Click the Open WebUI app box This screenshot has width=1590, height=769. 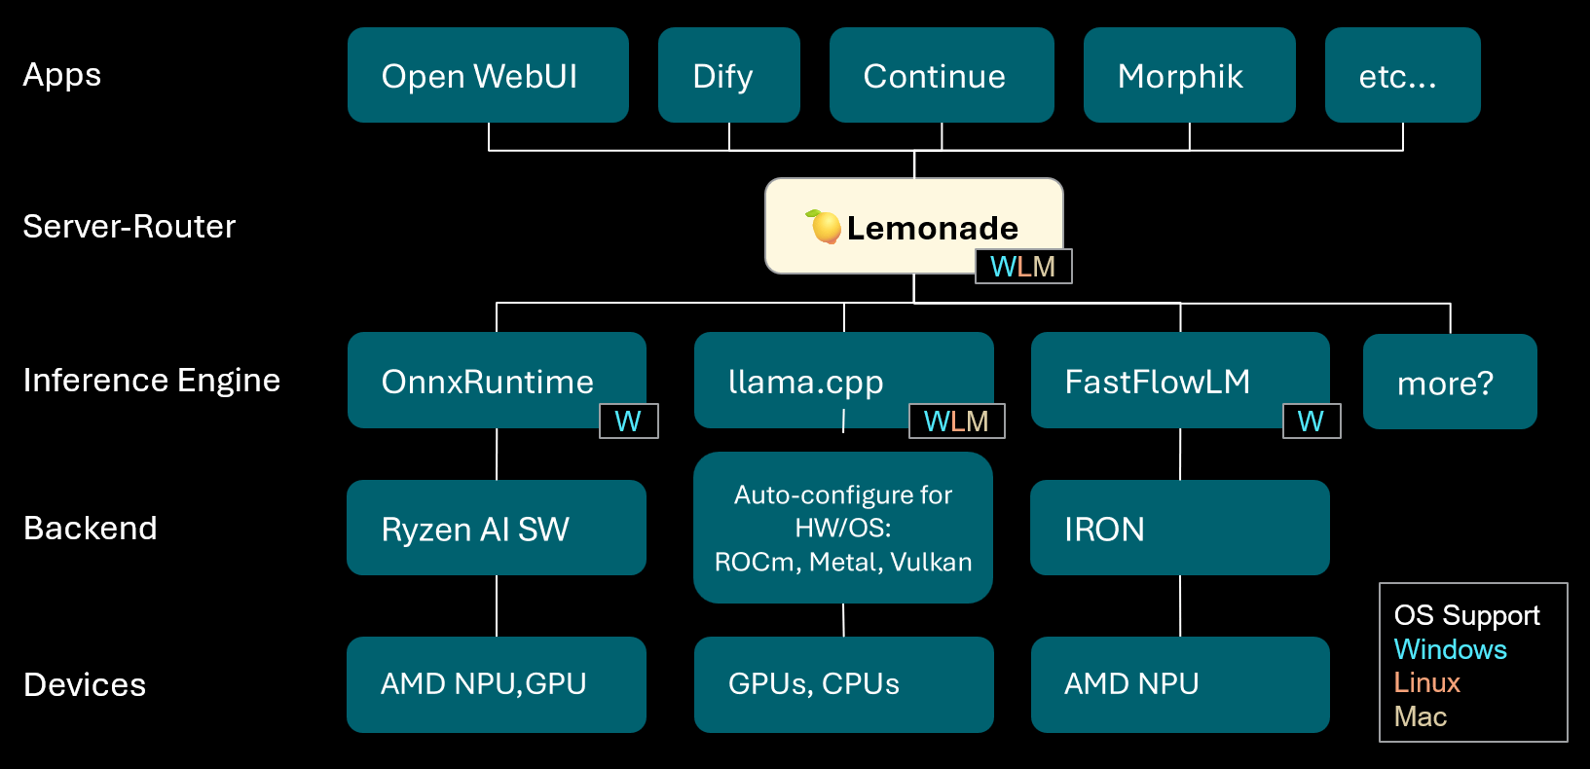[488, 75]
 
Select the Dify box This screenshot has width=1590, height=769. [728, 75]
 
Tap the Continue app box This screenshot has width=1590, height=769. [941, 75]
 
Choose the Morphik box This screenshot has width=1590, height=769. [1189, 75]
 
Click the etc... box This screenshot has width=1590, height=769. [1402, 75]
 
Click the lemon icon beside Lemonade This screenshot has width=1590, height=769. [825, 227]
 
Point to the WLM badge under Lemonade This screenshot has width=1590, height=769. [1023, 267]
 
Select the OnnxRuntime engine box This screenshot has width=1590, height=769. [487, 380]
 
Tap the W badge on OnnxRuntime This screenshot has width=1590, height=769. [628, 421]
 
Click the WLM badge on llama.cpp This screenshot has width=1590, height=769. [956, 421]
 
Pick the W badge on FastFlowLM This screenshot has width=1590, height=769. [1311, 421]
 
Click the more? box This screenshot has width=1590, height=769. [1449, 383]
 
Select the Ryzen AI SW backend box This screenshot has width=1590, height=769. [496, 528]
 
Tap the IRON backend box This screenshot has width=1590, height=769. [1179, 528]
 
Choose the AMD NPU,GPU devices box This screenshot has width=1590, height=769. [496, 684]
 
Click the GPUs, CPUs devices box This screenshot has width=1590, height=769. [843, 684]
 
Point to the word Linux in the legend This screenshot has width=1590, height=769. [1426, 682]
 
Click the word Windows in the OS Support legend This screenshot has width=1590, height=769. [1450, 649]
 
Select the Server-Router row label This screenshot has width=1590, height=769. [129, 227]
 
